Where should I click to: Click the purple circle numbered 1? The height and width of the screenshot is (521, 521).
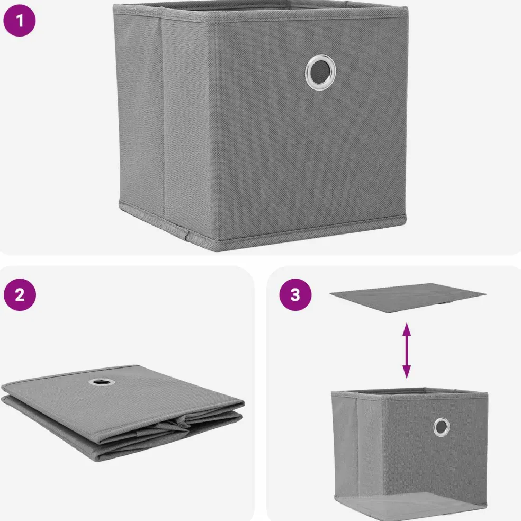click(19, 21)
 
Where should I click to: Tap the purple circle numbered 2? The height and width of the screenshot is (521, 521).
click(20, 294)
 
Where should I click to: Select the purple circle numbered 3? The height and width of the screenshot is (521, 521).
click(295, 294)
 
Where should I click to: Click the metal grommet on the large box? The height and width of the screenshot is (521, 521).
click(320, 72)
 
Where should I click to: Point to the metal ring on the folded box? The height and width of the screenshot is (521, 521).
click(101, 382)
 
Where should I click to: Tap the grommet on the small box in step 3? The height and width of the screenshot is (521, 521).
click(441, 427)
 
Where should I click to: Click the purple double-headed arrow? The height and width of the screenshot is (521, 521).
click(406, 350)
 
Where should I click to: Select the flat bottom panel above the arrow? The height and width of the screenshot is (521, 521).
click(408, 298)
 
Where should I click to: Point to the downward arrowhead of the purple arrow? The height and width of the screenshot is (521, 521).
click(406, 372)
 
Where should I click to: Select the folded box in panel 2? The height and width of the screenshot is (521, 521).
click(123, 412)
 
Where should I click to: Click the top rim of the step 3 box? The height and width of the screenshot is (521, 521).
click(410, 393)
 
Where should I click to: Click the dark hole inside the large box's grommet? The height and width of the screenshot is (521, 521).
click(320, 72)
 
